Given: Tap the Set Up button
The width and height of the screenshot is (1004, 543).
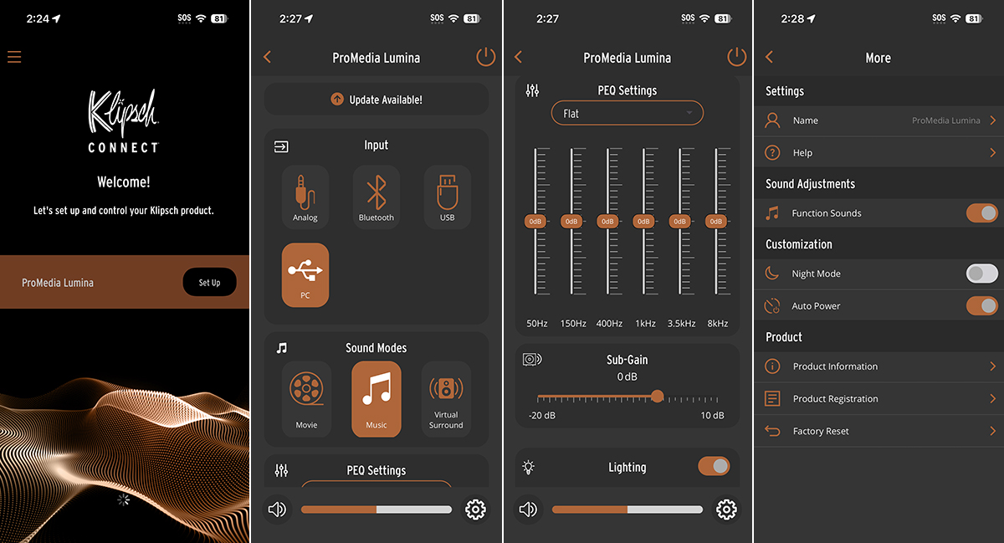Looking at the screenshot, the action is pos(209,282).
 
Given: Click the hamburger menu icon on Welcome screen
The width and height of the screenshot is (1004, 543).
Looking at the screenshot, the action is pos(14,57).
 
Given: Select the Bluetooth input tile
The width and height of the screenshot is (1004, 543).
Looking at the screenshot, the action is pos(376,197).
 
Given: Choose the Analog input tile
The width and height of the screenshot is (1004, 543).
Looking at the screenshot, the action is pos(305,197).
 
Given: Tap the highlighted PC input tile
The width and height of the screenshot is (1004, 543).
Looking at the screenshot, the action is pos(305,275).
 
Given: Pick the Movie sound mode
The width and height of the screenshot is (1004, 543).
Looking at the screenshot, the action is pos(306,399).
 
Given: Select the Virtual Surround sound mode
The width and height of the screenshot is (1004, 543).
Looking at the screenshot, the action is pos(446,399).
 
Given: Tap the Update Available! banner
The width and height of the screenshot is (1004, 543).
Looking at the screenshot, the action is pos(376,99).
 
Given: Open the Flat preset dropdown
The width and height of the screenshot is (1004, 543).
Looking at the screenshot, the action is pos(627,113).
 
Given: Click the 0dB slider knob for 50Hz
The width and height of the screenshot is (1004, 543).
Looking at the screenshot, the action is pos(535,221).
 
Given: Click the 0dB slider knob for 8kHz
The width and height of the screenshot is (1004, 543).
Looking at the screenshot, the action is pos(716,221).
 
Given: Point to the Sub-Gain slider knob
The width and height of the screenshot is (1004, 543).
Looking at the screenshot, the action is pos(657,397).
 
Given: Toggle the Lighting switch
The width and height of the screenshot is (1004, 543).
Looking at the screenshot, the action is pos(714,466).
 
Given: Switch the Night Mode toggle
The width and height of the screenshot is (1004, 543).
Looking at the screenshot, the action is pos(982,273).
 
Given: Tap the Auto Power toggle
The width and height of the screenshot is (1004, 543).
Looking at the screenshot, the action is pos(982,305).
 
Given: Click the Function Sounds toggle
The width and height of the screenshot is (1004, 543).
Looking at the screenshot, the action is pos(982,213).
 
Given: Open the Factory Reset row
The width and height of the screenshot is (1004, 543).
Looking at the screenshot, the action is pos(878,431).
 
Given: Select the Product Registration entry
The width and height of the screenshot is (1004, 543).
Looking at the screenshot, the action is pos(878,398).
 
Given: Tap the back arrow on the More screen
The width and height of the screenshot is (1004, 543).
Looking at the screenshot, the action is pos(769,57).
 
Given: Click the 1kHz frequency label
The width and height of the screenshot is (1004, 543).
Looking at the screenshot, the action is pos(645,323).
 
